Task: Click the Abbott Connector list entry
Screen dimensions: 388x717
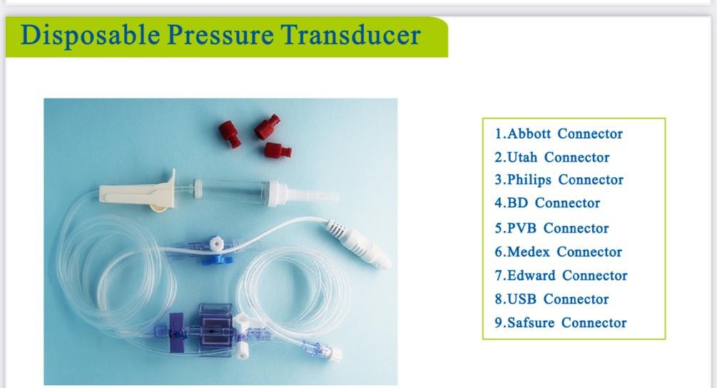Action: [559, 134]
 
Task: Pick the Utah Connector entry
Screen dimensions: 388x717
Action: [552, 157]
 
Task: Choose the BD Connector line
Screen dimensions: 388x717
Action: [547, 203]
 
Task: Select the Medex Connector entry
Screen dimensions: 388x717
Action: [559, 252]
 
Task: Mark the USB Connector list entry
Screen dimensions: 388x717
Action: [551, 299]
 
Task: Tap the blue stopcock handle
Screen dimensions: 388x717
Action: [210, 259]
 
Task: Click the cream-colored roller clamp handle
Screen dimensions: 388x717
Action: [136, 191]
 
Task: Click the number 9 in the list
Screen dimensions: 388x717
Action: [499, 322]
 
